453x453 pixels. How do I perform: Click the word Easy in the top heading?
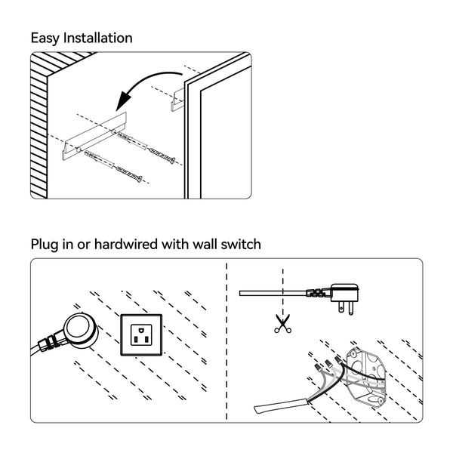coord(45,38)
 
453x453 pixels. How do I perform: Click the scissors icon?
coord(282,325)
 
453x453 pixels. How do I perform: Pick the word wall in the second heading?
coord(207,244)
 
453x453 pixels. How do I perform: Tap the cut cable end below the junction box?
coord(264,408)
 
